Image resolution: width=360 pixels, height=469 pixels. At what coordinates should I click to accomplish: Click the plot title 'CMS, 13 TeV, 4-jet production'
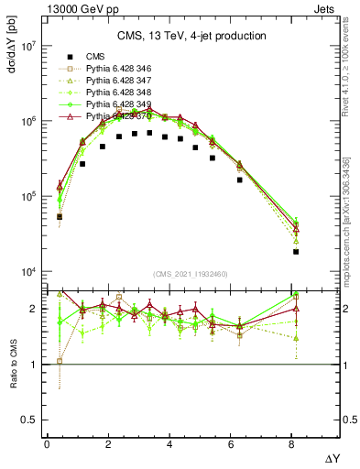191,36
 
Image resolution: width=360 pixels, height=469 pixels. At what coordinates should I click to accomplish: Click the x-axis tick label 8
293,444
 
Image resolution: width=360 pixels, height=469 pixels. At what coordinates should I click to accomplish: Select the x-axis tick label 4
170,444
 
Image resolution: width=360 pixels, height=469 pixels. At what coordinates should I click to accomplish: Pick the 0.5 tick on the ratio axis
30,420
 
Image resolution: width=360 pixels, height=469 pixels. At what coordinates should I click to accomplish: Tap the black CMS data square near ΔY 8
296,252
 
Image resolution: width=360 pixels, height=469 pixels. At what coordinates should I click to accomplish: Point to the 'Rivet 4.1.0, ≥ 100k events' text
353,73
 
